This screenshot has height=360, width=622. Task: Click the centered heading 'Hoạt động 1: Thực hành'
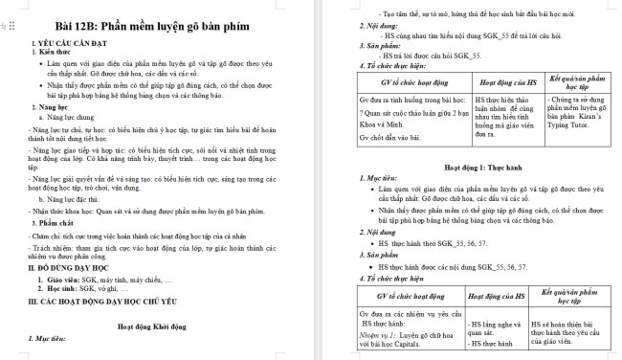[x=469, y=165]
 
